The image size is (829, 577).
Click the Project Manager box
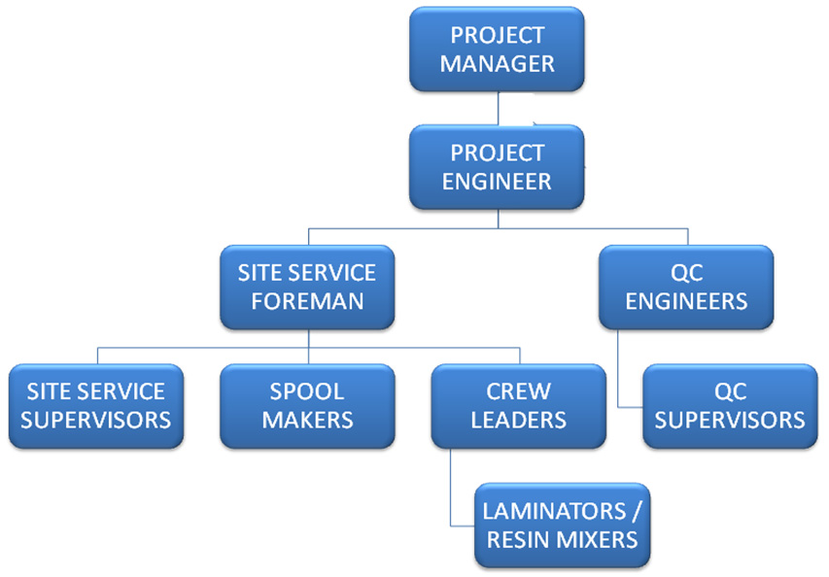click(497, 50)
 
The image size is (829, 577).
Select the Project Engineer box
click(497, 166)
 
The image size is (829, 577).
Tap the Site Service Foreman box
click(306, 286)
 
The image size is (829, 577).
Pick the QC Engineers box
click(686, 286)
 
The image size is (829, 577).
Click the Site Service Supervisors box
click(95, 405)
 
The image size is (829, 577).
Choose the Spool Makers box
click(306, 405)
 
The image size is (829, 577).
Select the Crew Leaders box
click(518, 405)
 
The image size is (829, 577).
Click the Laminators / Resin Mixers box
click(562, 525)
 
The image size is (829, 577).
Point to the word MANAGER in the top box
click(497, 64)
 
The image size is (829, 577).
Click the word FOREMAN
click(306, 300)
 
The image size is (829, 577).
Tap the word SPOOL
click(306, 391)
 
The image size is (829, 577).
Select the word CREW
click(518, 391)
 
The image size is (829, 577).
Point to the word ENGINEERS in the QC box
click(686, 300)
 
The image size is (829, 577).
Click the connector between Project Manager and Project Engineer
click(498, 108)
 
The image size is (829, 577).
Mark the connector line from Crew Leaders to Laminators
click(451, 486)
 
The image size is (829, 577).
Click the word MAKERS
click(306, 420)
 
